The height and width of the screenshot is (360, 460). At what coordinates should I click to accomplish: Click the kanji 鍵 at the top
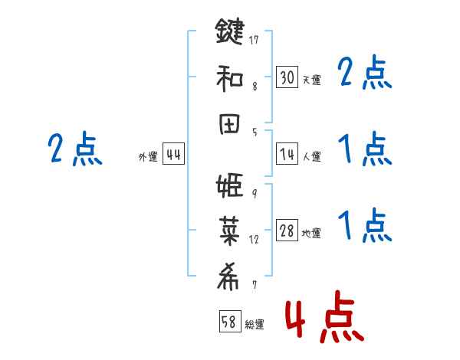coord(230,34)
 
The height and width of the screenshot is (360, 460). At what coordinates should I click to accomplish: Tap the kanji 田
coord(230,124)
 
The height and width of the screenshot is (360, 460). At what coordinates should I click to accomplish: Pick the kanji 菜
coord(230,232)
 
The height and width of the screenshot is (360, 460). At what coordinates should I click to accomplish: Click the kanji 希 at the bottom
coord(230,277)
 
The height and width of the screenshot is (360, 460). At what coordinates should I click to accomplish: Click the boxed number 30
coord(287,77)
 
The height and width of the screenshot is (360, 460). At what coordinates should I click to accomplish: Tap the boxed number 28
coord(287,231)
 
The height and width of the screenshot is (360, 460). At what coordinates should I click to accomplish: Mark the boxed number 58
coord(228,322)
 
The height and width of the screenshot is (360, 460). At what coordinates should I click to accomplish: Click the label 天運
coord(311,80)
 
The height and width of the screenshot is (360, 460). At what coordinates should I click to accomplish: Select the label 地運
coord(311,234)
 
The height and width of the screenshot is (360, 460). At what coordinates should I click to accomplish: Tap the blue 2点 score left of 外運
coord(74,149)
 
